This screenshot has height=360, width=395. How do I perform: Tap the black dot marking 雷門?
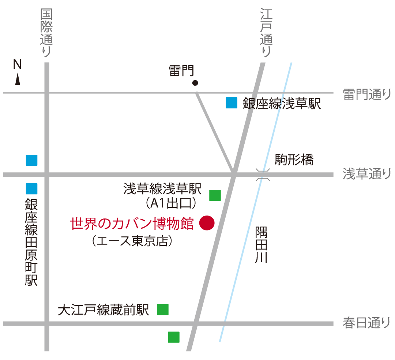coord(195,83)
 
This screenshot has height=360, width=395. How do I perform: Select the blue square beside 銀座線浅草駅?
coord(232,103)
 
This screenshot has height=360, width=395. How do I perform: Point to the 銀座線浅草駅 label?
coord(282,104)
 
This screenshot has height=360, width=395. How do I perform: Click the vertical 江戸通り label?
coord(266,33)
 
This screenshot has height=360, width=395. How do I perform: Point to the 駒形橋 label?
coord(294,160)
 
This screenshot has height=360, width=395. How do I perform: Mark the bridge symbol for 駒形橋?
coord(263,175)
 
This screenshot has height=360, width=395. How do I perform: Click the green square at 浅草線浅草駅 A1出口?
coord(215,195)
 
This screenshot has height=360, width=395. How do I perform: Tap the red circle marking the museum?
coord(207,223)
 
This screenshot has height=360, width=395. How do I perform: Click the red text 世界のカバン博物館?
coord(132,223)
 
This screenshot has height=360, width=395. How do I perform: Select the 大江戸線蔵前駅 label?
coord(104,310)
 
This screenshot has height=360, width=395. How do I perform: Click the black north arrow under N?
coord(18,79)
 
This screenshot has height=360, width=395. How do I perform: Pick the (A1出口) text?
coord(171,202)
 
